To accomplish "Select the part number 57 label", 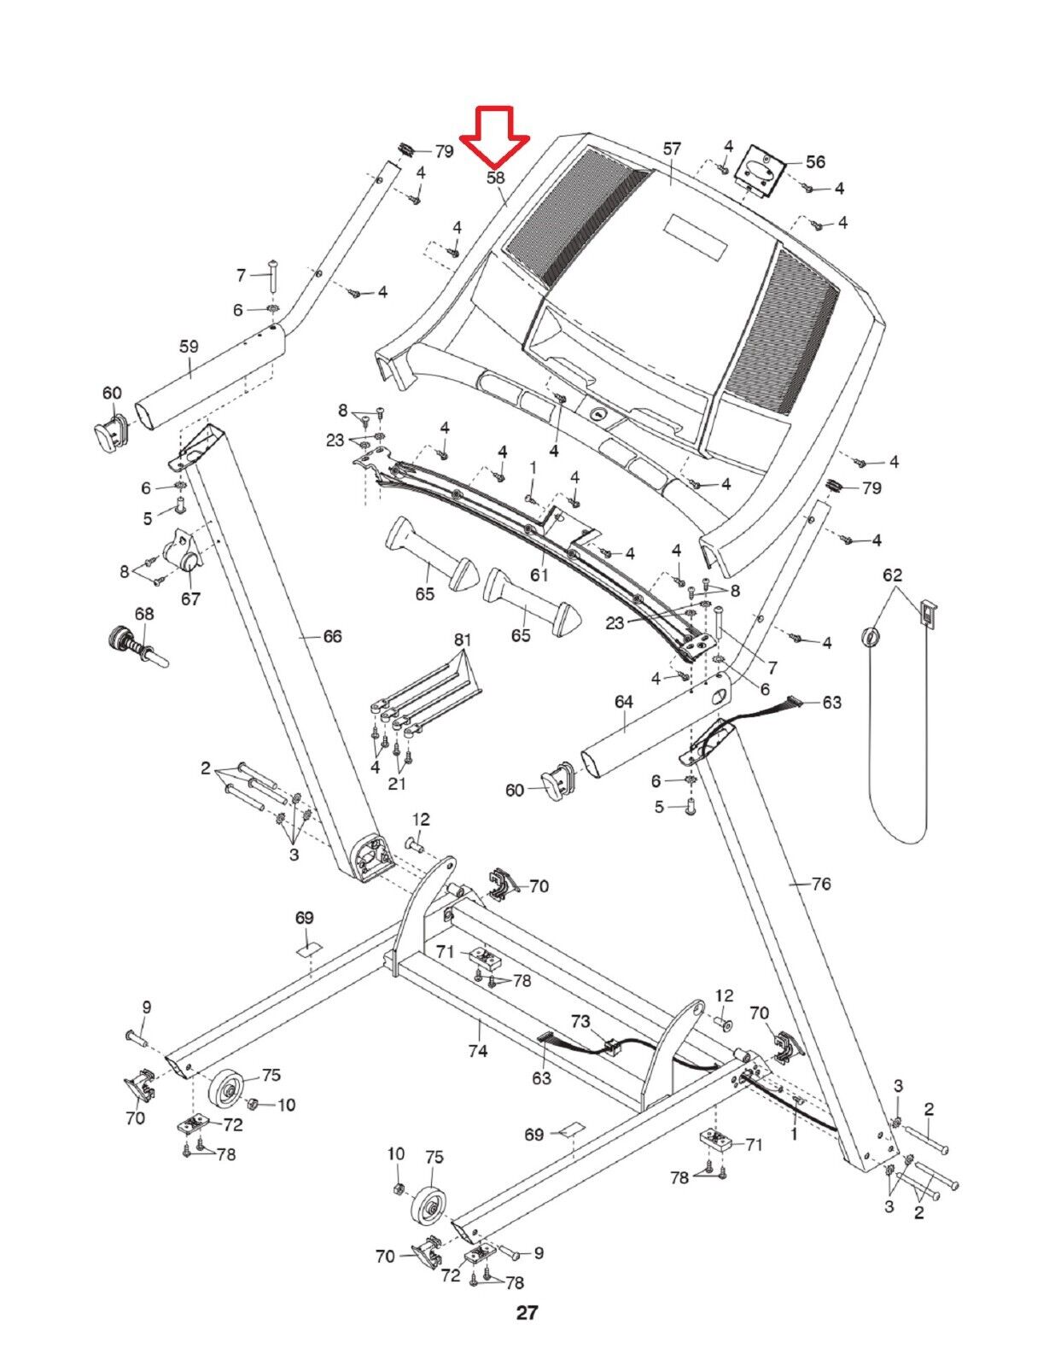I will click(672, 149).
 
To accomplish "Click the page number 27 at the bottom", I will click(527, 1312).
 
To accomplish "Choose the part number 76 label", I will click(820, 884).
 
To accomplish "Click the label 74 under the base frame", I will click(477, 1050).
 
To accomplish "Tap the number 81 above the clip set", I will click(462, 639).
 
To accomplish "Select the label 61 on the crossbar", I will click(539, 575).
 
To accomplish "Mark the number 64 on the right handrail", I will click(623, 701).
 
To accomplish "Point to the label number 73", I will click(580, 1021).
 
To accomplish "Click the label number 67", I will click(189, 598).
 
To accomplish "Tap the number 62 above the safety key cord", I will click(892, 575).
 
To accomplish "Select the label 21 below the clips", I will click(398, 784).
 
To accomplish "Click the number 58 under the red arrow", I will click(495, 178).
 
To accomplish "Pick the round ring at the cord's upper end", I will click(870, 637).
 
